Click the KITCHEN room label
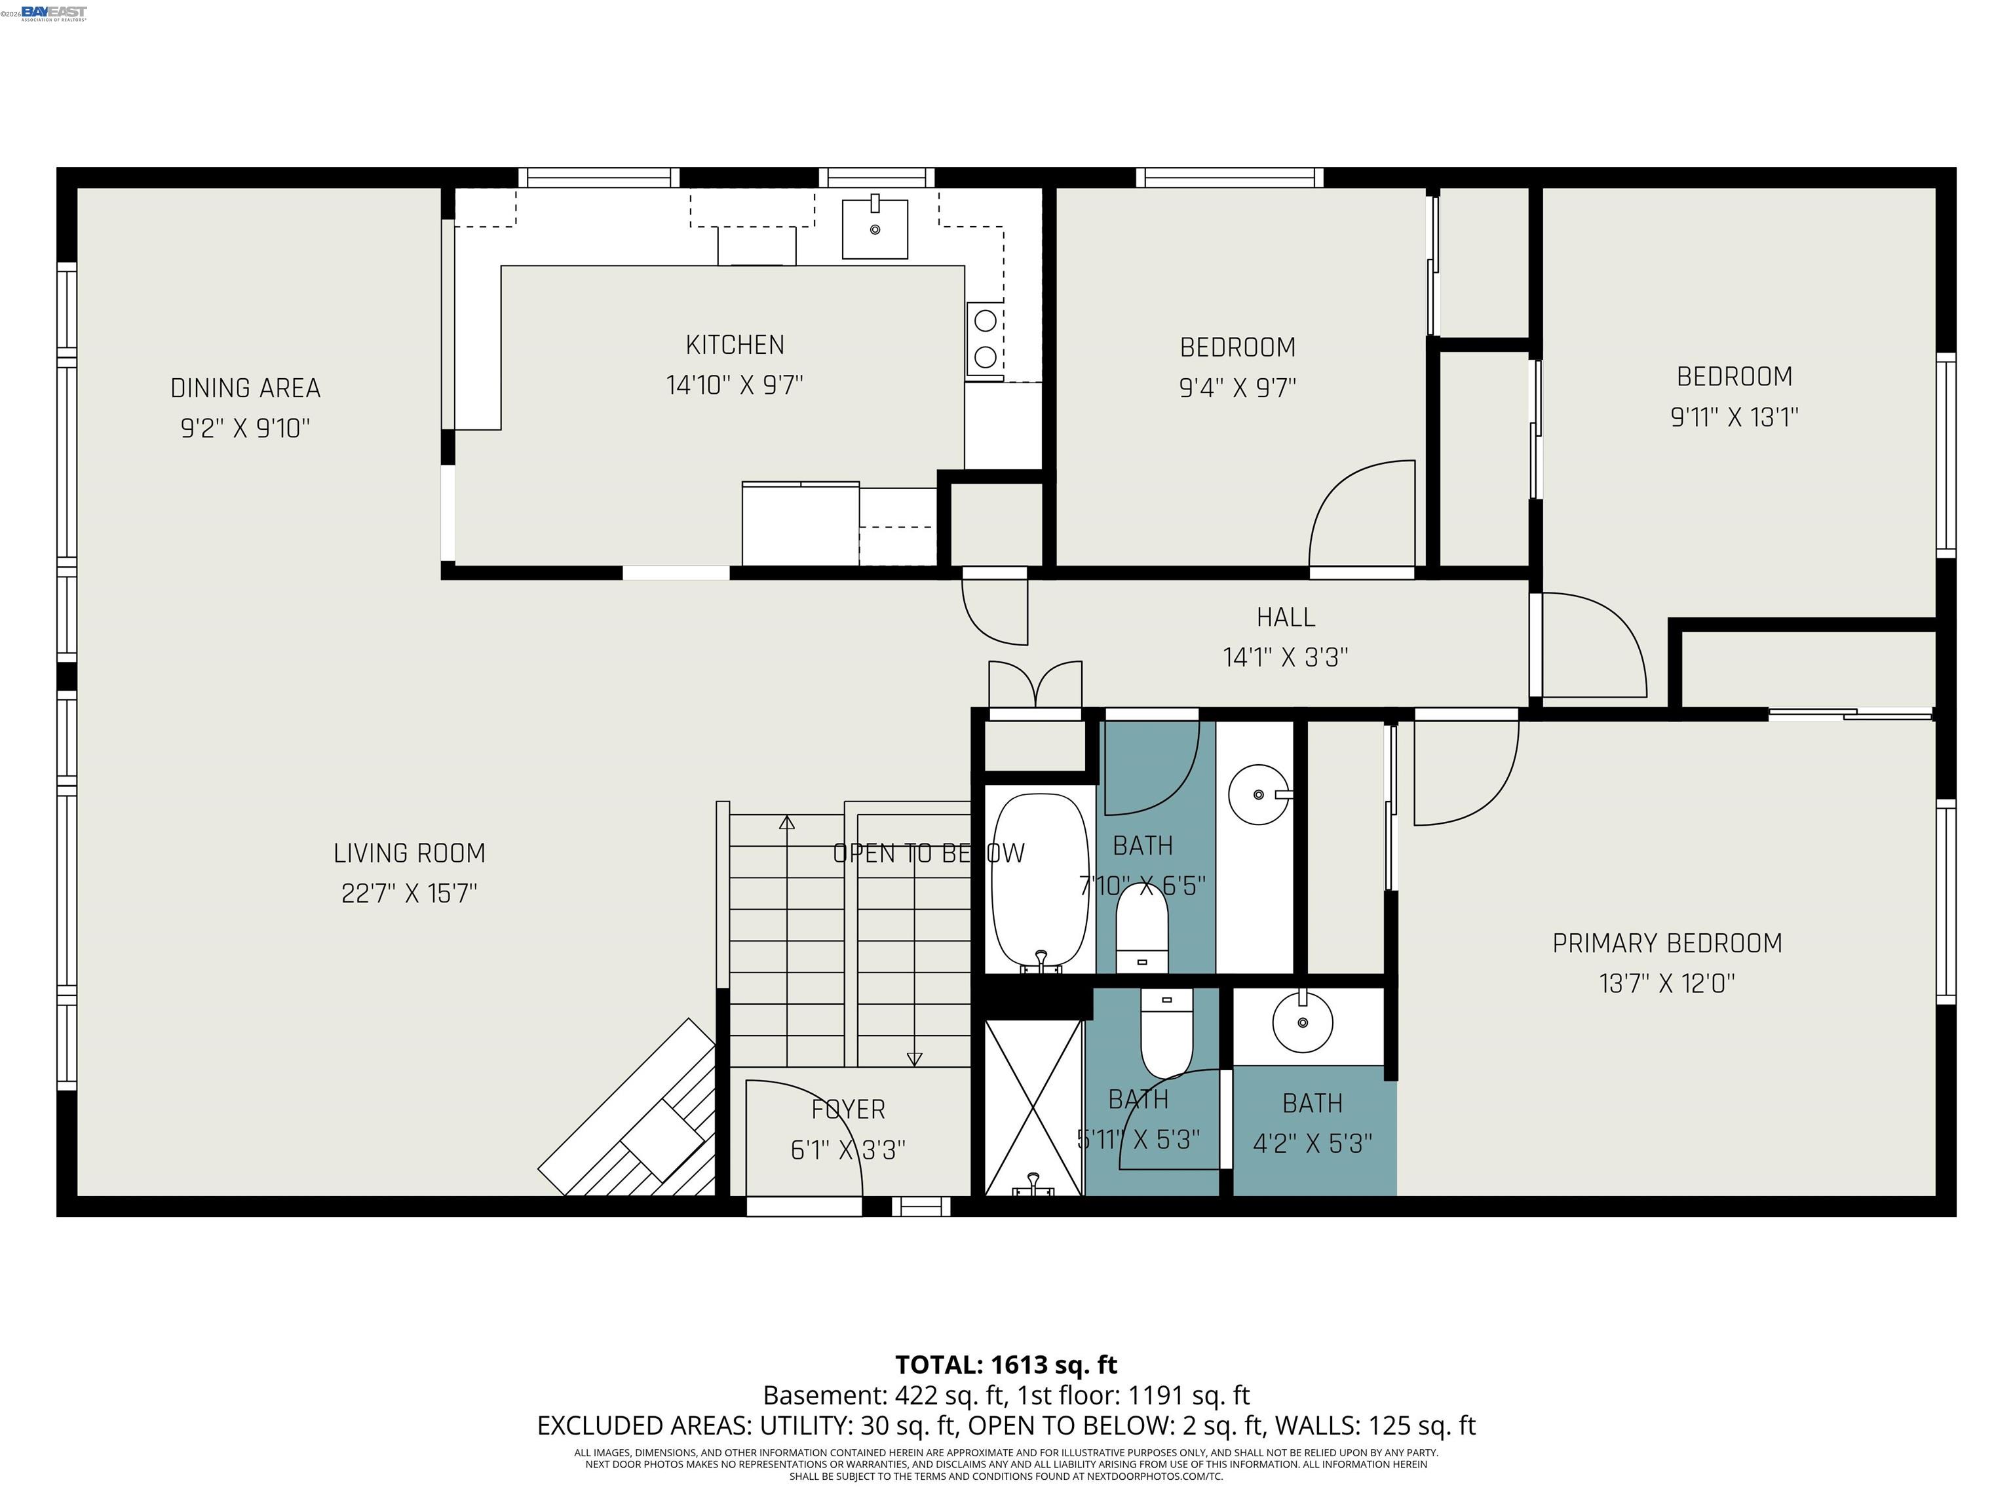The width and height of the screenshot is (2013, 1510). (735, 345)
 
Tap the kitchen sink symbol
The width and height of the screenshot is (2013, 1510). (875, 229)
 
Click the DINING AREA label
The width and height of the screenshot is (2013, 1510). (245, 389)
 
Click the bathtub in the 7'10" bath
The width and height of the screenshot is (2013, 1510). (1039, 881)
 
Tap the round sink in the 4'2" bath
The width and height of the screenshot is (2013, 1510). (1302, 1022)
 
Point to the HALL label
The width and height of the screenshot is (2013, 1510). (1285, 617)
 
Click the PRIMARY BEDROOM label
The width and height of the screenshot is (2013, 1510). (1666, 943)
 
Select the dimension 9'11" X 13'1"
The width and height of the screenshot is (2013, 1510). (1734, 417)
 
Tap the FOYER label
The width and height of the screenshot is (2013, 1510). (847, 1110)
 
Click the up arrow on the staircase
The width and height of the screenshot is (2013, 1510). (786, 823)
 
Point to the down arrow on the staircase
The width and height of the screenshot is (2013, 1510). (913, 1058)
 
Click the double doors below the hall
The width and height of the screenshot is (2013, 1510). (1035, 684)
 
